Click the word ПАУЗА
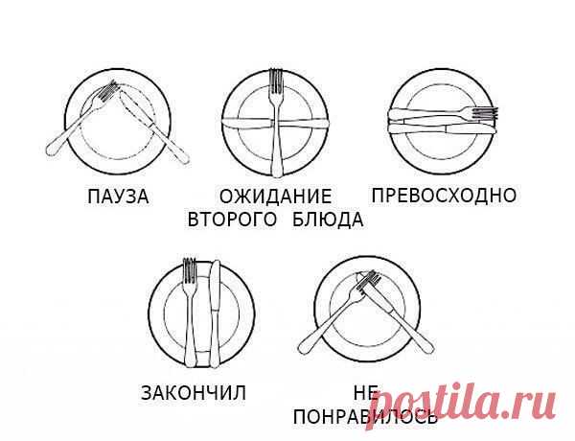[118, 197]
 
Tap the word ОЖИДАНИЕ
[275, 197]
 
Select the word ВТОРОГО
[232, 220]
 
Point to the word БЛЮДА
[328, 220]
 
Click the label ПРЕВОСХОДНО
[444, 195]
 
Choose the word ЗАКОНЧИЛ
[194, 393]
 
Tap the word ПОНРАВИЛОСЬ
[366, 417]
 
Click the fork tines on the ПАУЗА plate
[109, 90]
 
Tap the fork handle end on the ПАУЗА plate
[51, 150]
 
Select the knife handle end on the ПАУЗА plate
[183, 158]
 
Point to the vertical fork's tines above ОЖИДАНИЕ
[277, 81]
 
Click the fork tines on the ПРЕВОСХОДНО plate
[485, 113]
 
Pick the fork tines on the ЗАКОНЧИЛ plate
[190, 270]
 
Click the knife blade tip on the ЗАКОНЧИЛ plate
[216, 262]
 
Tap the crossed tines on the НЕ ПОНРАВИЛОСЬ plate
[368, 280]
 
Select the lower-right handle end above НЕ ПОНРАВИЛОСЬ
[428, 348]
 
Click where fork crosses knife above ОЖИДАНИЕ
[277, 123]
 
